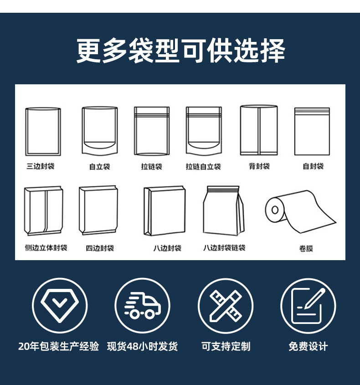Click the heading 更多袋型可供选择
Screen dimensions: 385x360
[180, 51]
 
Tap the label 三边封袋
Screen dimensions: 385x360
[41, 166]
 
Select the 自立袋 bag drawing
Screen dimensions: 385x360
[99, 131]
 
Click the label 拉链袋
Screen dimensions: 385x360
[151, 167]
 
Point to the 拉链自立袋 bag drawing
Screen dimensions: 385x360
[203, 131]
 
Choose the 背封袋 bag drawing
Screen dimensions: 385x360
[259, 130]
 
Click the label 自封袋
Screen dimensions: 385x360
[313, 166]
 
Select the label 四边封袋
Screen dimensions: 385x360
[100, 248]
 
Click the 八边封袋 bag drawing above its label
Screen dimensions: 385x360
[165, 210]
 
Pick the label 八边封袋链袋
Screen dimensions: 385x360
[224, 248]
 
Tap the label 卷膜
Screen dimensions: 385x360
[306, 249]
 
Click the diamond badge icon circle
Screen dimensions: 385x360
[59, 305]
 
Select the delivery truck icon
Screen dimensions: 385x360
[142, 305]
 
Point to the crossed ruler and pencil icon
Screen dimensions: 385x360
[225, 305]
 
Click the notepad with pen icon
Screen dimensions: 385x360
[308, 305]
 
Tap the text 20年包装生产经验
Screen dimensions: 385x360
[59, 346]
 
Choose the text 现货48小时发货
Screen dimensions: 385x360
[142, 346]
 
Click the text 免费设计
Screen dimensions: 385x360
[308, 346]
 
